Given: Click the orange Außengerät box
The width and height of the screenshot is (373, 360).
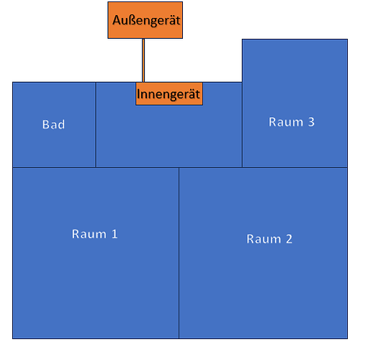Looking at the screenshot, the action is pos(145,20).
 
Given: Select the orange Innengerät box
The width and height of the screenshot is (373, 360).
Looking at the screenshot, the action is pos(169,94).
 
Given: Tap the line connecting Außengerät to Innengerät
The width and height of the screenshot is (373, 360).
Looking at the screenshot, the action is pos(143,60).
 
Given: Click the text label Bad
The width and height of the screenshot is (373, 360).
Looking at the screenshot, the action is pos(53,125).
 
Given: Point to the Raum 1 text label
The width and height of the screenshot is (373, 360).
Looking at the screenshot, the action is pos(94,234).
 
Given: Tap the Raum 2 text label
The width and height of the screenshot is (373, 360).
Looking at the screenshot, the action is pos(269,239).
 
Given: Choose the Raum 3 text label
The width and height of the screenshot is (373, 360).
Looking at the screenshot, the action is pos(292,122).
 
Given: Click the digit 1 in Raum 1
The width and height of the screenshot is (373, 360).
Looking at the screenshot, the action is pos(114,234).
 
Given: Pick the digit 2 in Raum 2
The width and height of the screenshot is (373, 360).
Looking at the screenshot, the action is pos(289,239).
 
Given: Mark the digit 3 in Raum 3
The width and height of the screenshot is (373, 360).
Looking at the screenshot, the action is pos(311,122).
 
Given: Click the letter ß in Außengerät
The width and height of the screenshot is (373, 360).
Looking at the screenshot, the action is pos(133,20).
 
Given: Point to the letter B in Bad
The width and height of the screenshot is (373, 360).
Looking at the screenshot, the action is pos(45,125).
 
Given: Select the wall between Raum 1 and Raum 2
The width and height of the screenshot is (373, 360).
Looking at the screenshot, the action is pos(179,253).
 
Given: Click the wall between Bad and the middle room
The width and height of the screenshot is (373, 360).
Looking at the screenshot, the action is pos(96,125).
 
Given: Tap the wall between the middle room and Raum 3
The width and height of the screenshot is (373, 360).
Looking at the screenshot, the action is pos(242,125).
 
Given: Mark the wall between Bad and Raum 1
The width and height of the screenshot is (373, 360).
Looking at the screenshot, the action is pos(54,167).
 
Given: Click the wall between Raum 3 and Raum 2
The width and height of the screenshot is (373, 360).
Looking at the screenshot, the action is pos(295,167).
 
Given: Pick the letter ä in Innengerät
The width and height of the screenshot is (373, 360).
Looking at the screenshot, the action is pos(191,94).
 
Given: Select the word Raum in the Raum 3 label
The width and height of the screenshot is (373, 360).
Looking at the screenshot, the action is pos(286,122).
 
